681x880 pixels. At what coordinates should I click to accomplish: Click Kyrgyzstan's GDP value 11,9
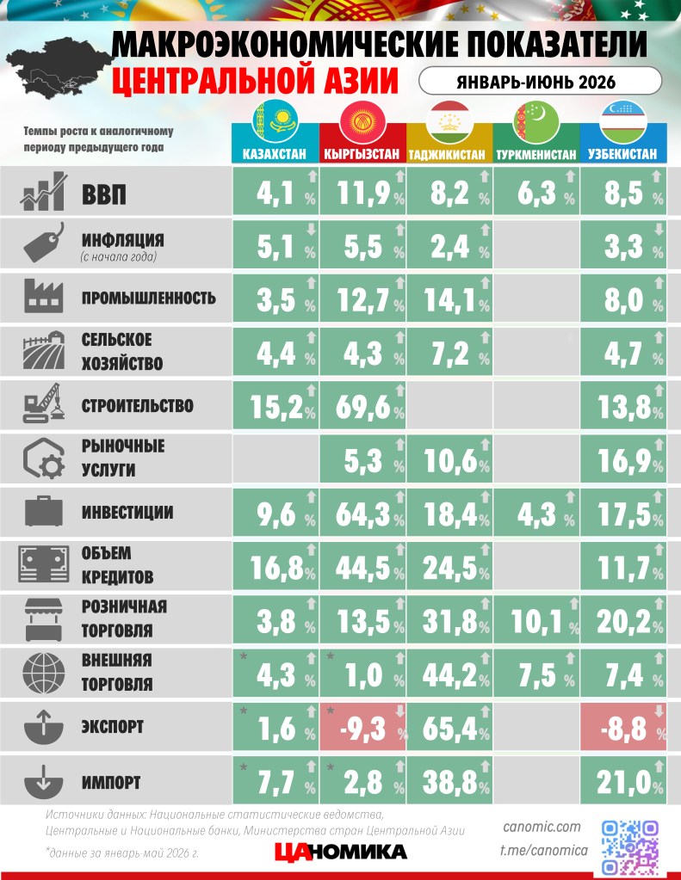click(x=363, y=193)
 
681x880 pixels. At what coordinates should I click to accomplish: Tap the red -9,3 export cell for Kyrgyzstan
click(x=362, y=727)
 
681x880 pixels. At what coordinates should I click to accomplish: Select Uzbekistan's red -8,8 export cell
click(x=623, y=727)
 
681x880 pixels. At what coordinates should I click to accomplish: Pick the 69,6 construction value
click(x=362, y=406)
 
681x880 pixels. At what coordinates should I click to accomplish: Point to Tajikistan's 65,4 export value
click(x=449, y=729)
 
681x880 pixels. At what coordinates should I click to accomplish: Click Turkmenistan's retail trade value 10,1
click(x=536, y=622)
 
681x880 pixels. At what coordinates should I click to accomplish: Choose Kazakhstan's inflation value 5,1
click(x=275, y=247)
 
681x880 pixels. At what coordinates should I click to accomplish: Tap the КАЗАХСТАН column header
click(x=275, y=154)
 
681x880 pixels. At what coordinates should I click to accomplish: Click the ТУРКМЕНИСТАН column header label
click(x=536, y=154)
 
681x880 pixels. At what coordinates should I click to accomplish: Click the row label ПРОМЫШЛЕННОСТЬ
click(x=149, y=298)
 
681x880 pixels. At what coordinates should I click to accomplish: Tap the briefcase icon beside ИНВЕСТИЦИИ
click(x=43, y=511)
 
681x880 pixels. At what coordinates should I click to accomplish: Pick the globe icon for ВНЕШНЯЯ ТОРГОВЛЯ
click(x=43, y=673)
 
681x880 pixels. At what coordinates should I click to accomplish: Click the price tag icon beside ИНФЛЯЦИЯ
click(x=44, y=243)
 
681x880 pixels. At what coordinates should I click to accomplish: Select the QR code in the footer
click(x=630, y=847)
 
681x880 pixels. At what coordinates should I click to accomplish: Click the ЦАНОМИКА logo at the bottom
click(x=341, y=852)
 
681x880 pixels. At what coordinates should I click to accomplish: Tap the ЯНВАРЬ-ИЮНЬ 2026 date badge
click(x=540, y=82)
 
